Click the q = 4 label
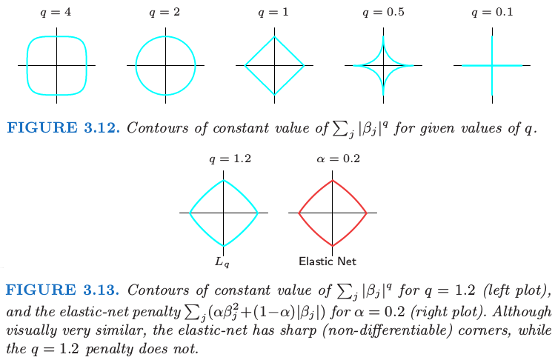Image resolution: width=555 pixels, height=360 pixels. pyautogui.click(x=56, y=13)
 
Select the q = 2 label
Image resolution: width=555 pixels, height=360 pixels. pyautogui.click(x=164, y=13)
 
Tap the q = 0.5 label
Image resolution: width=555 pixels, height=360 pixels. pyautogui.click(x=383, y=13)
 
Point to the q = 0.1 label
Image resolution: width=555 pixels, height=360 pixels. pyautogui.click(x=492, y=13)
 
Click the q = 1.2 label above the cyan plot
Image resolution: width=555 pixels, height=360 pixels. pyautogui.click(x=230, y=159)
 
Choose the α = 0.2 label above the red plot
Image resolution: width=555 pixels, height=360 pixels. pyautogui.click(x=339, y=159)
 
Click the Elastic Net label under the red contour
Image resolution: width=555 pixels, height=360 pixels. pyautogui.click(x=328, y=261)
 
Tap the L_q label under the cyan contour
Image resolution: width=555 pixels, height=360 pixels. pyautogui.click(x=222, y=262)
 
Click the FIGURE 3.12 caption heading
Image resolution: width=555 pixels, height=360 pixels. pyautogui.click(x=64, y=128)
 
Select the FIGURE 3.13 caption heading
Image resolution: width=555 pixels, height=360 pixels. pyautogui.click(x=63, y=290)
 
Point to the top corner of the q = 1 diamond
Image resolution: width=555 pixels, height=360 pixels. pyautogui.click(x=274, y=37)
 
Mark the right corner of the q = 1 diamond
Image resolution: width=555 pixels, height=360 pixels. pyautogui.click(x=304, y=65)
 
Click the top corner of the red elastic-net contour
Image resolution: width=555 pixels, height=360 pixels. pyautogui.click(x=332, y=181)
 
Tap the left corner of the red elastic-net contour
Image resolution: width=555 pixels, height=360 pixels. pyautogui.click(x=299, y=213)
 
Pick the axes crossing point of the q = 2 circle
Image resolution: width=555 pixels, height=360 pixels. pyautogui.click(x=165, y=65)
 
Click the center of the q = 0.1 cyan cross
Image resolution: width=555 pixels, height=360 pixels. pyautogui.click(x=492, y=65)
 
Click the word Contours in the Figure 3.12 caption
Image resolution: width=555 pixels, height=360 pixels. pyautogui.click(x=158, y=128)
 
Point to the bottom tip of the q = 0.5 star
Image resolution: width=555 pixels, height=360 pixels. pyautogui.click(x=383, y=95)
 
